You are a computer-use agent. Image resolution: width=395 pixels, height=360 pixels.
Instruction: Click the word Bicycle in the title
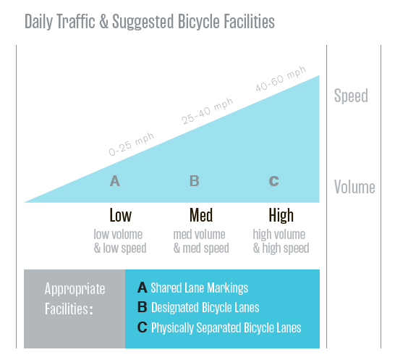199,22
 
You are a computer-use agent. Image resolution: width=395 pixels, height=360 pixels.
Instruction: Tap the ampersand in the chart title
103,22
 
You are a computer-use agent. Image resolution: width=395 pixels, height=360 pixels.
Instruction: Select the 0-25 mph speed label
131,144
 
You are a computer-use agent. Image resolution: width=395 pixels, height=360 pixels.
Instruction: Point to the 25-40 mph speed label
208,111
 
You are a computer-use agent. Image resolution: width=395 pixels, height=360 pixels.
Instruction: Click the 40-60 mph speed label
281,79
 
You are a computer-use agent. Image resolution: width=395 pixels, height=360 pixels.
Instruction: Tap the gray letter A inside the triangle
115,181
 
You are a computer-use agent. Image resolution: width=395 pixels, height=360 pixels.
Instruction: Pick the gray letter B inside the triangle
195,181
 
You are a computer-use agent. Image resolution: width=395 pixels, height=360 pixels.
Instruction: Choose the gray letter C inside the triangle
274,181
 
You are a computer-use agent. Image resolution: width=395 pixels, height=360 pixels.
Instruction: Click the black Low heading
120,215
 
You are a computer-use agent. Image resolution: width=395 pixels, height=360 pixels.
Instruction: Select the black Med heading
201,215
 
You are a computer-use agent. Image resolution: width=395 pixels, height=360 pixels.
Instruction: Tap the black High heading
281,215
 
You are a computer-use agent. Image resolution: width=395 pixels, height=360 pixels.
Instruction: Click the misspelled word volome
127,235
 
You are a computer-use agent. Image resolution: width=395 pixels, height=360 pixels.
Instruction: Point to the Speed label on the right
351,96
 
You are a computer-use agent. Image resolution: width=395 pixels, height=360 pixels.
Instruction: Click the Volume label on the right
354,187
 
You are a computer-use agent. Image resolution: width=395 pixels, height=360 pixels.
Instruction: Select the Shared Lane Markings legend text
199,288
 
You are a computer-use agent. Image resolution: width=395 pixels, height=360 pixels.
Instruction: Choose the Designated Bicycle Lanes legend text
205,308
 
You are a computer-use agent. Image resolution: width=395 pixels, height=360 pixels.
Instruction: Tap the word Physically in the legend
172,327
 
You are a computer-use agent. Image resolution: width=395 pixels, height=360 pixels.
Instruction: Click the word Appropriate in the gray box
75,289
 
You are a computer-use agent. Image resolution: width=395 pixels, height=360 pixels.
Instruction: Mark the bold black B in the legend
143,307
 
